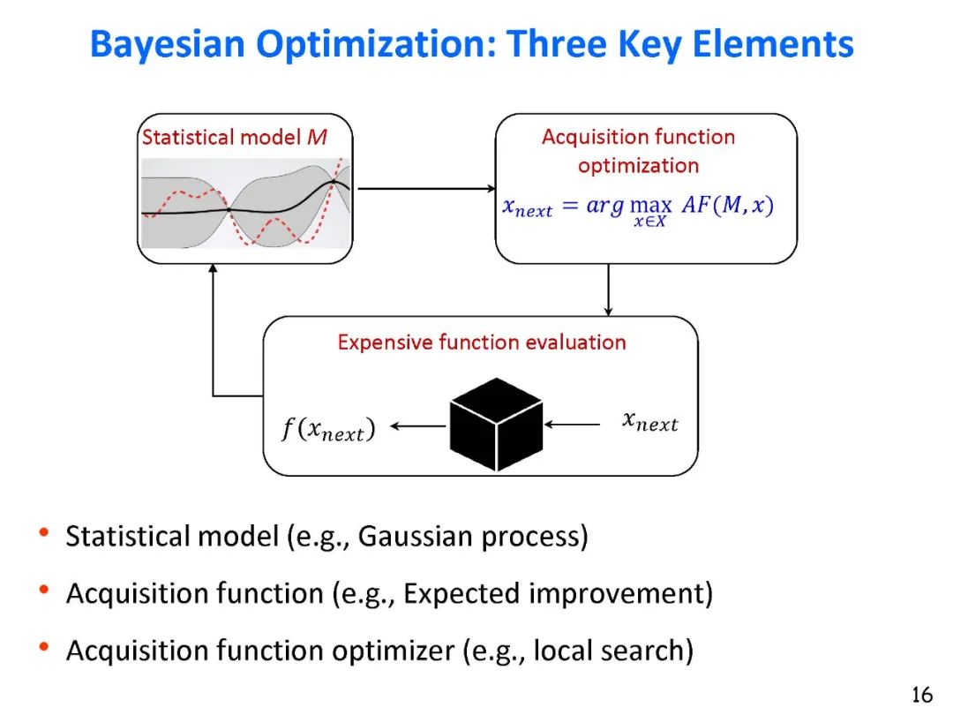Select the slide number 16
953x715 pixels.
921,695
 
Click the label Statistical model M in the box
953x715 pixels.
235,138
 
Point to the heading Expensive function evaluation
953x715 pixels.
482,342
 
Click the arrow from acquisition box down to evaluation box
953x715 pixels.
609,290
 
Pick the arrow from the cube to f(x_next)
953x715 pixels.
418,427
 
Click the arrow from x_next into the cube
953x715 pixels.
573,425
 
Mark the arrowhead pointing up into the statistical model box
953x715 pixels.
213,272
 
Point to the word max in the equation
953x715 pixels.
651,206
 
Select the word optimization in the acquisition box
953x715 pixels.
638,165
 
